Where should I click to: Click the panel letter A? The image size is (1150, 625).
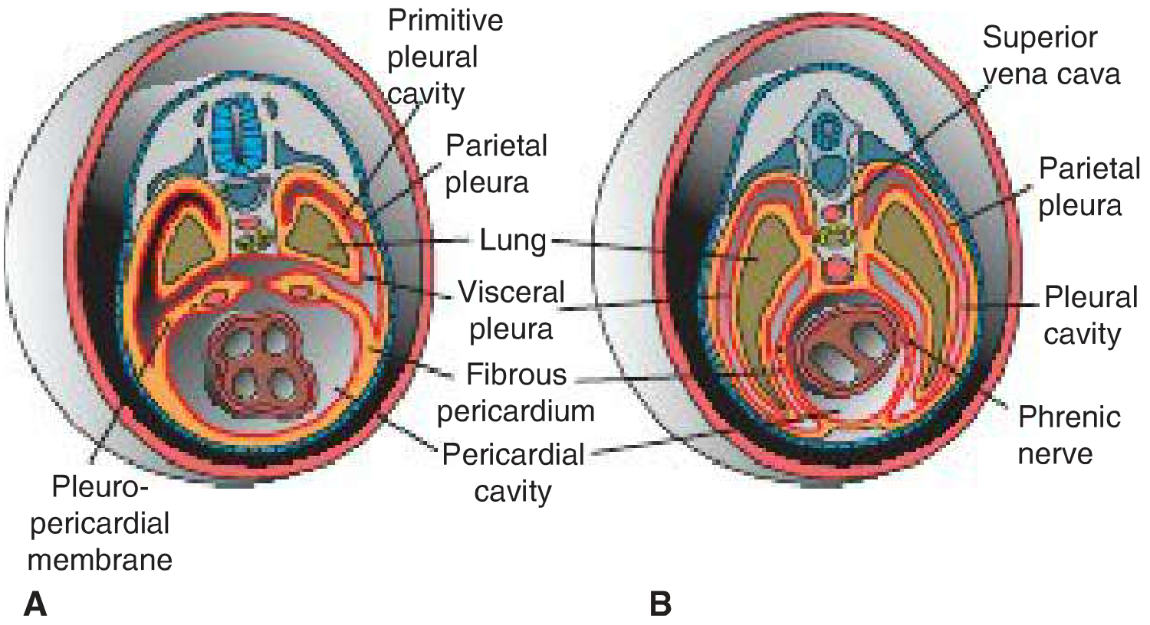[35, 604]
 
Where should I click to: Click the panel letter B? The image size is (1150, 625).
[660, 604]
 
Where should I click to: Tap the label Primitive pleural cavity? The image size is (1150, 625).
[445, 57]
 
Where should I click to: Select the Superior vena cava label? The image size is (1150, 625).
[1051, 55]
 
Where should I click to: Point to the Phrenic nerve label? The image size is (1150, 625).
[1069, 435]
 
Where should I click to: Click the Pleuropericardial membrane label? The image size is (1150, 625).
[100, 523]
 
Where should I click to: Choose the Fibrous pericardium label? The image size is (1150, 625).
[516, 393]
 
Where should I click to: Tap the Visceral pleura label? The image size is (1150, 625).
[511, 311]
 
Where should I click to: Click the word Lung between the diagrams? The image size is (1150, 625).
[513, 241]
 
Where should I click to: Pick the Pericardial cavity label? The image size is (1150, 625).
[514, 473]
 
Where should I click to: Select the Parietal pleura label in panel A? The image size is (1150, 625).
[497, 164]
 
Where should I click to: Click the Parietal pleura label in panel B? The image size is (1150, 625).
[1089, 187]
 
